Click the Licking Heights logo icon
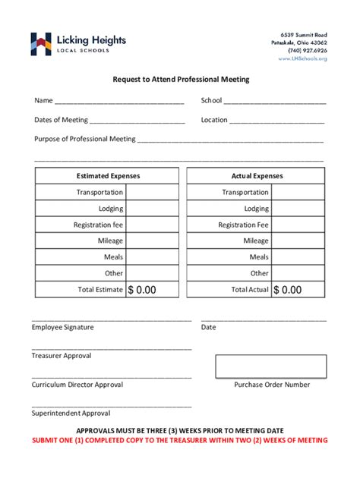tap(41, 43)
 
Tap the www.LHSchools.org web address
tap(302, 58)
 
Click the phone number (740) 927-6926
tap(307, 51)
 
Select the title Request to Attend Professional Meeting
tap(181, 79)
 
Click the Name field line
tap(119, 102)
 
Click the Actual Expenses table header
tap(257, 176)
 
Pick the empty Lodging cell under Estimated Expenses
tap(152, 209)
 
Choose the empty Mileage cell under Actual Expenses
tap(299, 241)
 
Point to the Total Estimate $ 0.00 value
tap(142, 290)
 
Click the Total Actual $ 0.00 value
tap(288, 290)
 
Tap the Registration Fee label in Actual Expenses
tap(243, 225)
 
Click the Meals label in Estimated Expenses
tap(113, 257)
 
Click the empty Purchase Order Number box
tap(271, 366)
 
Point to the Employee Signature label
tap(62, 327)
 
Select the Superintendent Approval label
tap(71, 414)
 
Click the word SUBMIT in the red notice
tap(48, 441)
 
